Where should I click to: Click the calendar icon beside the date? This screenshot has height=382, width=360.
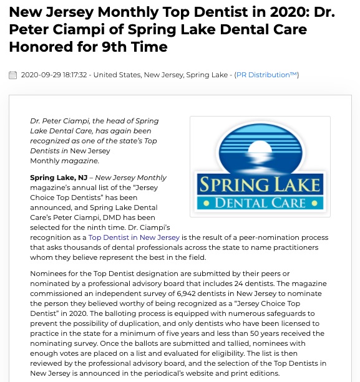[12, 75]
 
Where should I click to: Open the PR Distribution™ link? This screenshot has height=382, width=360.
[266, 75]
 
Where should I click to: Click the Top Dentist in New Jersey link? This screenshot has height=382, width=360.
[134, 237]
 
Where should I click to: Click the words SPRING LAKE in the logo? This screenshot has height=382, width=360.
[260, 184]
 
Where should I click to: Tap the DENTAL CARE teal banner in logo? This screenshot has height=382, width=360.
[260, 203]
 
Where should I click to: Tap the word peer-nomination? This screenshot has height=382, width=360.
[272, 237]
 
